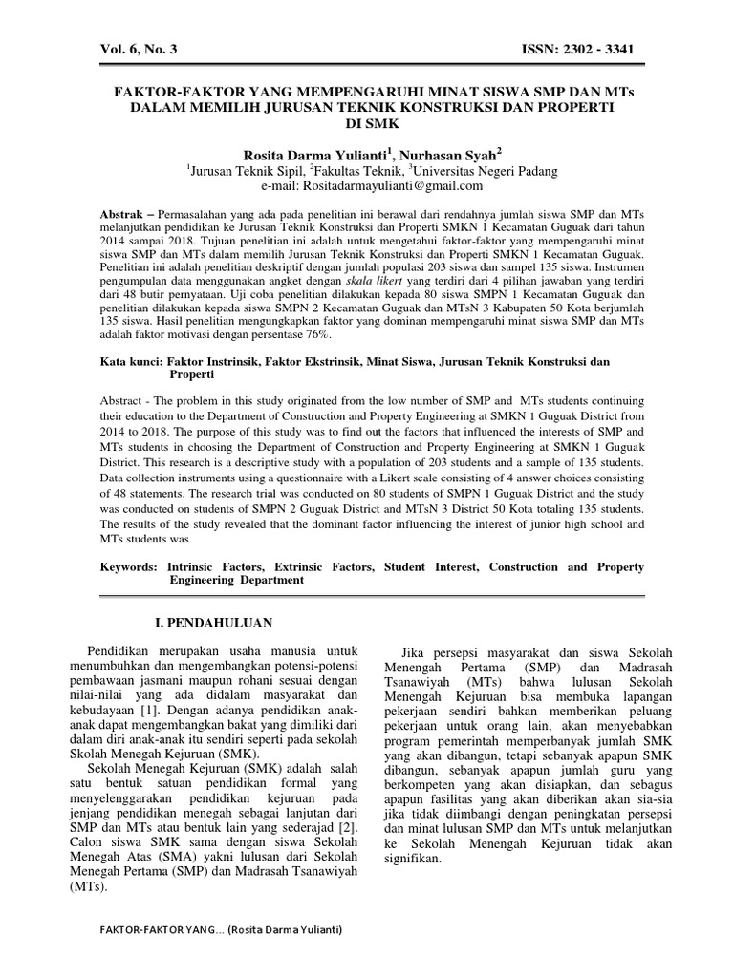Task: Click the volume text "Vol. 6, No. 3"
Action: pos(140,49)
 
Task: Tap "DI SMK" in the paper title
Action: pos(367,124)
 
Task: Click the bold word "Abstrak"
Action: pos(127,212)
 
